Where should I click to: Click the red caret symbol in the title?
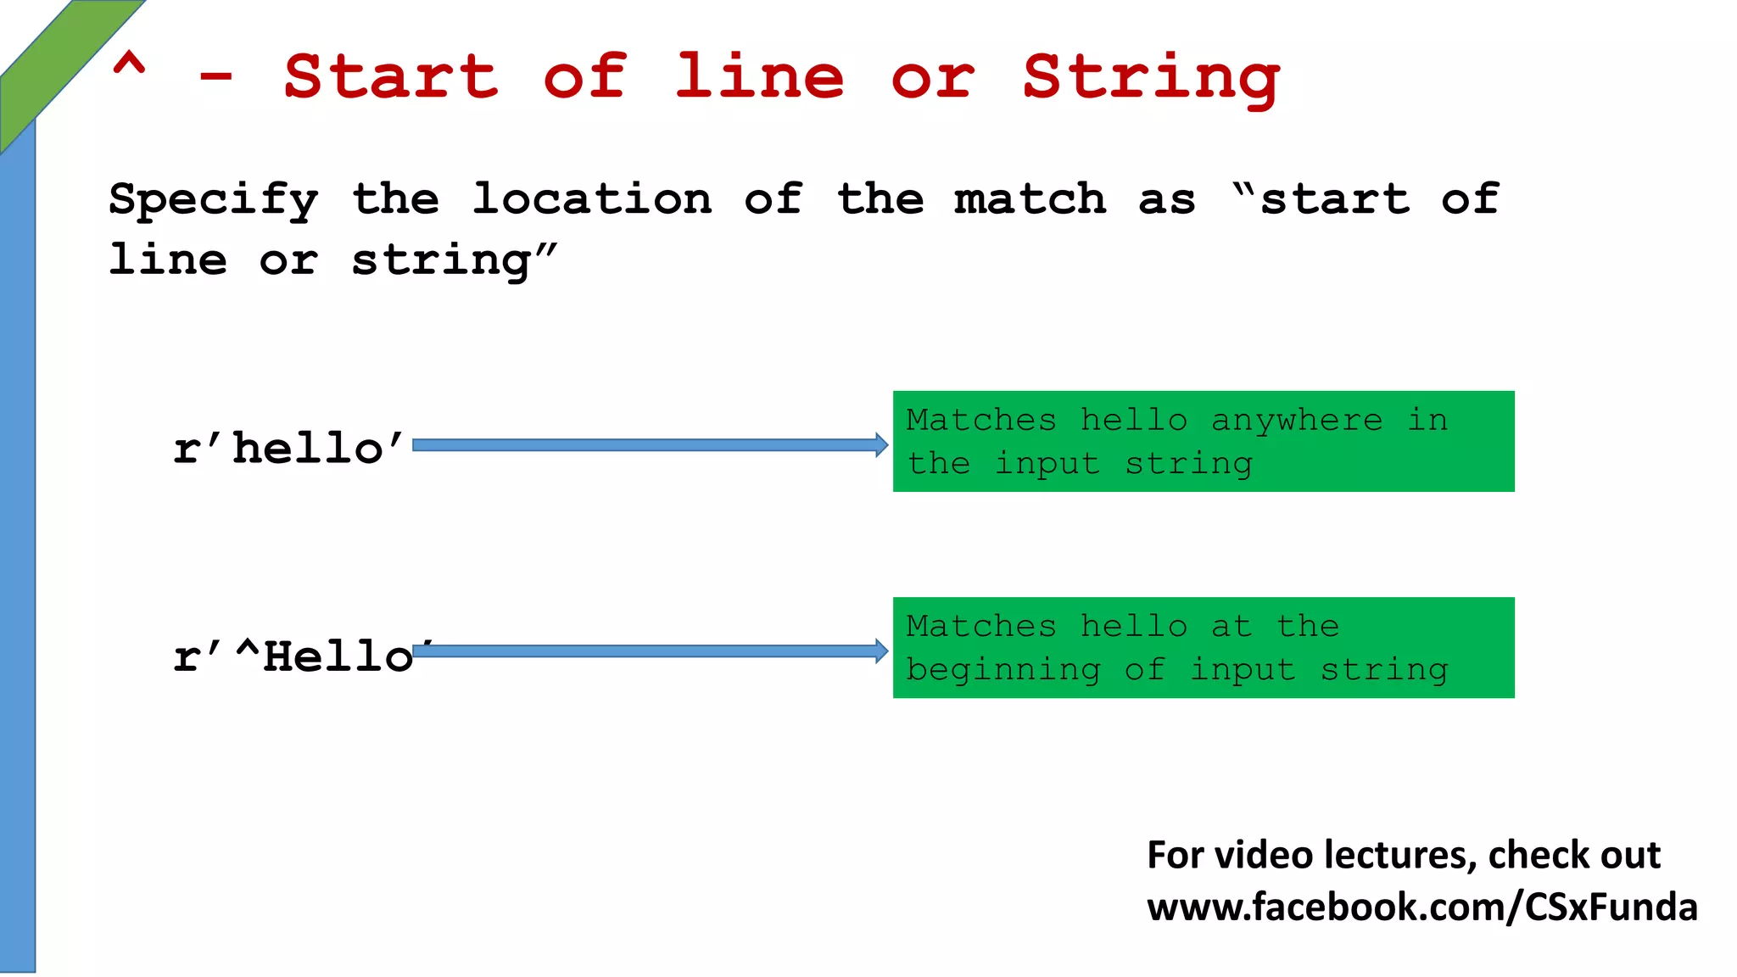tap(129, 65)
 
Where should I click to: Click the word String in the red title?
tap(1150, 78)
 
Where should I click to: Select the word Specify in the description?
tap(214, 200)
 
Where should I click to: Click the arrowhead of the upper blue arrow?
tap(881, 445)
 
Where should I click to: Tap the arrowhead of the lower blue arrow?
tap(881, 651)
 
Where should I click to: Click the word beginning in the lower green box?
tap(1003, 669)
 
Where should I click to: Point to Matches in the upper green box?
tap(980, 420)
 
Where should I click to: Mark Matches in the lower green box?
tap(980, 626)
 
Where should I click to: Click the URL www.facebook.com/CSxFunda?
tap(1421, 907)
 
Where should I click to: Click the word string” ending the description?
tap(455, 260)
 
